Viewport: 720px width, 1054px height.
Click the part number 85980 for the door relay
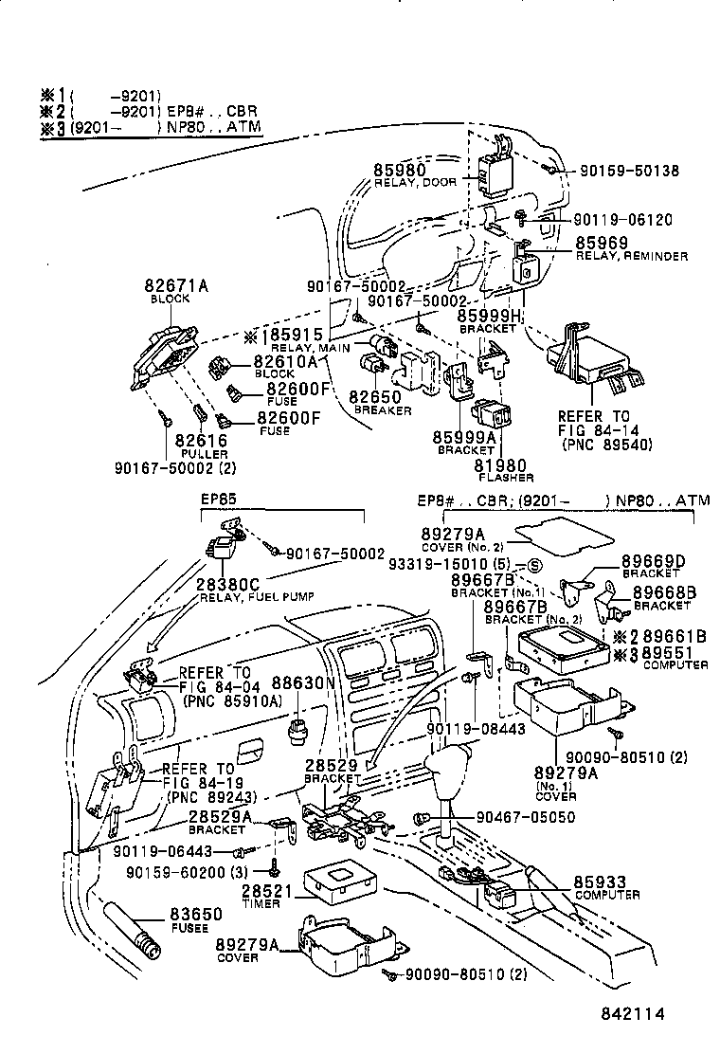click(401, 170)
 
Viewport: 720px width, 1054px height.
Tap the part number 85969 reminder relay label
click(603, 244)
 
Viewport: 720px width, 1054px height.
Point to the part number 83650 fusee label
click(195, 915)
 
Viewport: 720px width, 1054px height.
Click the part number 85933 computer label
click(600, 882)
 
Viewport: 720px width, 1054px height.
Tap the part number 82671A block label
click(171, 285)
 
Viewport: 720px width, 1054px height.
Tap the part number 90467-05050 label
click(525, 815)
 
